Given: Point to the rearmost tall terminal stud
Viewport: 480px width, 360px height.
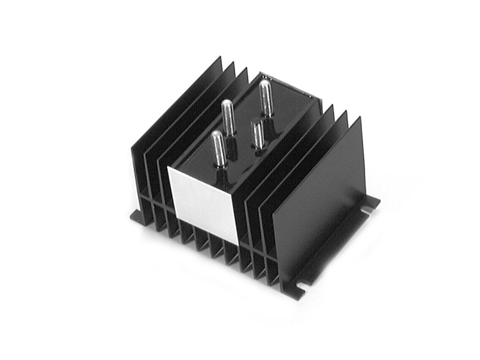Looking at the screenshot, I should (266, 98).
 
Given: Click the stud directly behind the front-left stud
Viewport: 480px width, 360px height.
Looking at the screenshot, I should (228, 117).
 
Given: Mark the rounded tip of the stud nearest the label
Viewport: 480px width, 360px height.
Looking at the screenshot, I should (217, 134).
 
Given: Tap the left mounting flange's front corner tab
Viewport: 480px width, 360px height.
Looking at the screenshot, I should (136, 215).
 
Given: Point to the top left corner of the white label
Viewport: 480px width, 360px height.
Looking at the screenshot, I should (169, 169).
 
